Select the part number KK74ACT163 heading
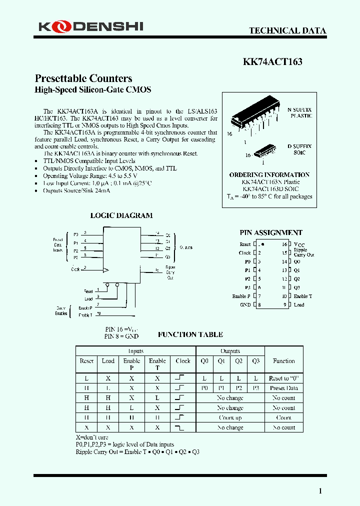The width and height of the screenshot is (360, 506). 272,62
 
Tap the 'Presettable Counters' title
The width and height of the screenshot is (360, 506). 83,78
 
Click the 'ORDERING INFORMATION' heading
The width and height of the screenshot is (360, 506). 269,175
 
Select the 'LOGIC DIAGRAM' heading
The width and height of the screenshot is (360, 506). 121,215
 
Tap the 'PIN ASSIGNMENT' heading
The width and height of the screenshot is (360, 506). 270,232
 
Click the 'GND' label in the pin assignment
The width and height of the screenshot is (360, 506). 245,304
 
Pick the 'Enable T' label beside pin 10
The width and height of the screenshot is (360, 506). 302,296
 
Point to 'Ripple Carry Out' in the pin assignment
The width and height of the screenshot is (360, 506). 303,252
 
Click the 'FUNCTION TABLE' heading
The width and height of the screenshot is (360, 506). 190,334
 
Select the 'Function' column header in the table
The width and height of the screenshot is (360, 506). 283,361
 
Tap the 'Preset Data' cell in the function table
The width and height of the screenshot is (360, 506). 283,388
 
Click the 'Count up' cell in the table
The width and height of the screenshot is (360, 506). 230,417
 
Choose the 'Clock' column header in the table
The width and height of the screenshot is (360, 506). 183,361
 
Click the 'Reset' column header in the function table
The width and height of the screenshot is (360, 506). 86,361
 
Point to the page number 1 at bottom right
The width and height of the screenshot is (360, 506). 320,491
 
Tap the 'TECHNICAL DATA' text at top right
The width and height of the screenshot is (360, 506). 287,30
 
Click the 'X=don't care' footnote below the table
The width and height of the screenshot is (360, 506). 92,437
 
